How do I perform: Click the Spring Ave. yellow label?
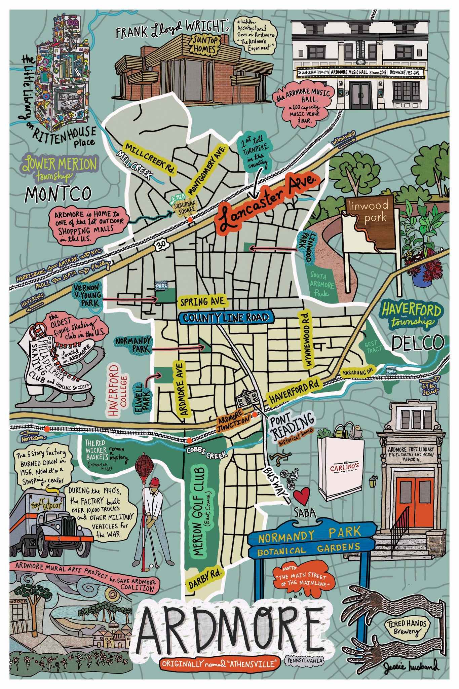203,301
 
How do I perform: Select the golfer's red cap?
155,482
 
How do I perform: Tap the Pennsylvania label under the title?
305,660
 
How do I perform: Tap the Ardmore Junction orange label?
234,423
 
